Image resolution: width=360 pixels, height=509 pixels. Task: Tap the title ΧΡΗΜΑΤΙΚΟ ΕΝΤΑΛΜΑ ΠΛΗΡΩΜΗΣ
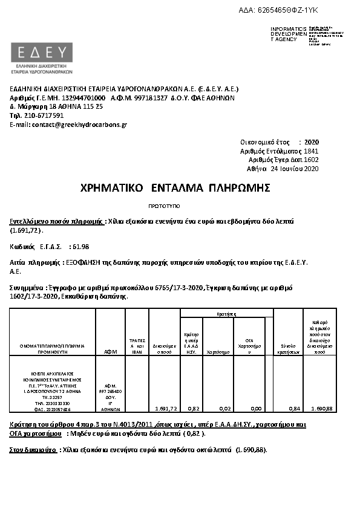[x=175, y=188]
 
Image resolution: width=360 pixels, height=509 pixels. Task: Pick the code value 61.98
[x=80, y=246]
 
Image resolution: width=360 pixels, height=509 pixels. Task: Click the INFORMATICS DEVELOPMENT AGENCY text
[x=284, y=34]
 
